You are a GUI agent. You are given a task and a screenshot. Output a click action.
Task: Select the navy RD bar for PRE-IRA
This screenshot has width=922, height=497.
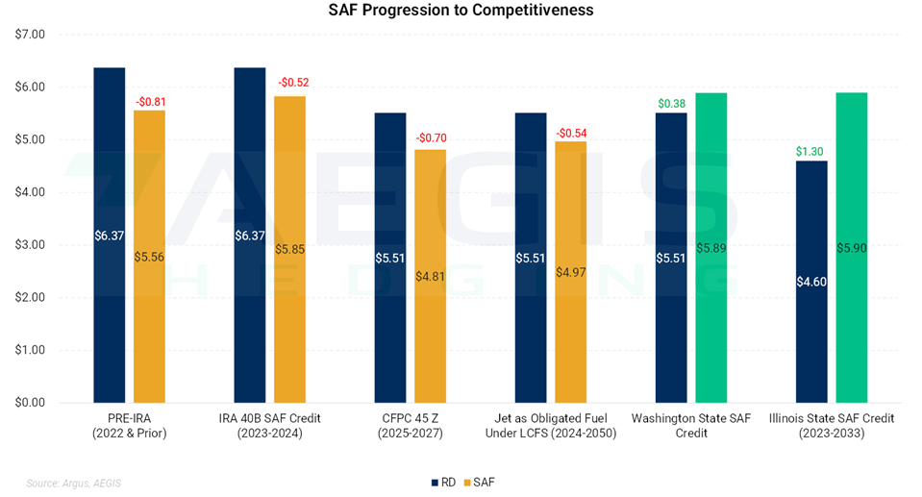110,235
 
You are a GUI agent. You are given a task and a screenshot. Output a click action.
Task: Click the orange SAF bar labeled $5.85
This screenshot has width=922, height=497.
289,249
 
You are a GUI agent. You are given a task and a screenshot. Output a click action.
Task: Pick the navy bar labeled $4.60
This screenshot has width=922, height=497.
811,281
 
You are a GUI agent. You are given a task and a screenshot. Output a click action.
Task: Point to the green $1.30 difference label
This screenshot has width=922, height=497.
811,151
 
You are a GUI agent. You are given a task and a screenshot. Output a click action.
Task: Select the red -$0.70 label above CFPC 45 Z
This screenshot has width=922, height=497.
430,137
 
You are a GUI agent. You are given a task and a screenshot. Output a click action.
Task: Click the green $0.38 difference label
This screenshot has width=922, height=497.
671,103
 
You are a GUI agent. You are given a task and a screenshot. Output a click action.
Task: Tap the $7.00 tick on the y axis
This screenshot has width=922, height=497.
32,35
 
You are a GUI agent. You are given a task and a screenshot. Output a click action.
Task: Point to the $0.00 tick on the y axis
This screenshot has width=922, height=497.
32,403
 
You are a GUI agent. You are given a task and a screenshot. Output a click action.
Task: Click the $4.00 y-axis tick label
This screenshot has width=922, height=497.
32,192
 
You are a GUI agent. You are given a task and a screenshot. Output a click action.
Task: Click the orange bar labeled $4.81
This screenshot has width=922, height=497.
430,276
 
